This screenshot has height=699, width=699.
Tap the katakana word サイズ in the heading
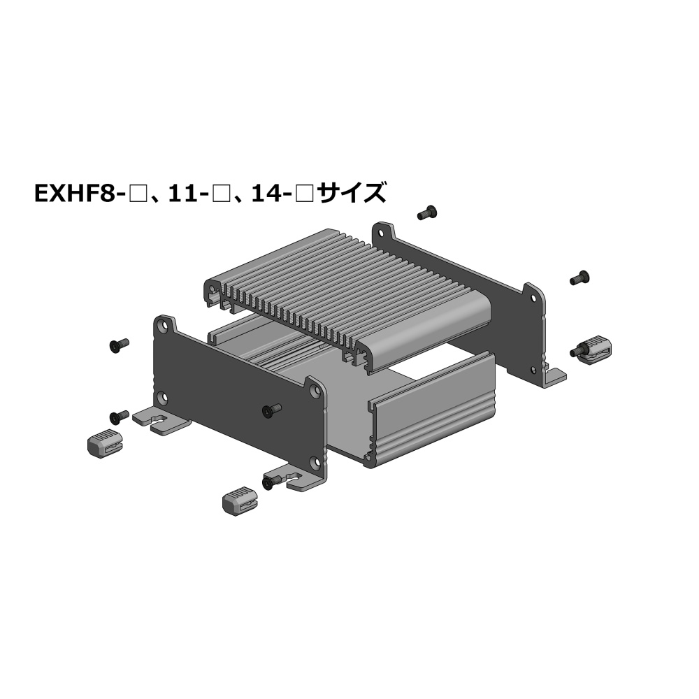point(352,193)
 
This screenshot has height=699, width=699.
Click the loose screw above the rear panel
point(426,212)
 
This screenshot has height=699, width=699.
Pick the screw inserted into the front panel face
point(272,410)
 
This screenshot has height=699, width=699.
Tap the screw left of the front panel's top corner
point(119,345)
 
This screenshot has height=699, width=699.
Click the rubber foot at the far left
point(105,444)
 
